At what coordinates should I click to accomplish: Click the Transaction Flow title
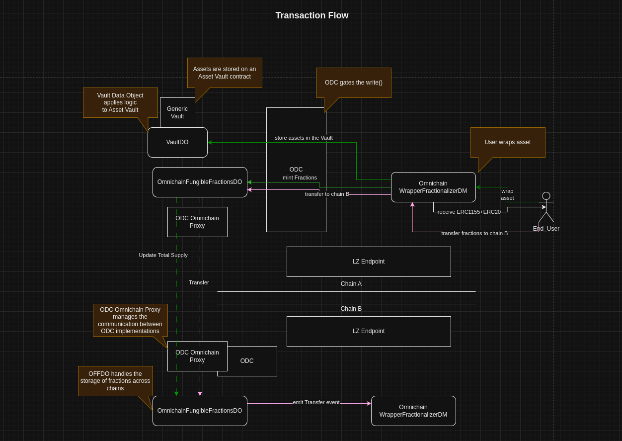coord(311,15)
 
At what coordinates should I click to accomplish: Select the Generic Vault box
coord(177,112)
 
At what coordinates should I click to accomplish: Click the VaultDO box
coord(177,142)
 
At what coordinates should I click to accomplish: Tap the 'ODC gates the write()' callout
coord(354,83)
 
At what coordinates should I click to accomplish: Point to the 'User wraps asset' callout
coord(508,142)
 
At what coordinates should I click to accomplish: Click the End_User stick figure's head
coord(546,196)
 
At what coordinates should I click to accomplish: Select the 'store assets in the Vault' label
coord(304,138)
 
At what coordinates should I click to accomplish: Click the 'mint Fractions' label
coord(300,177)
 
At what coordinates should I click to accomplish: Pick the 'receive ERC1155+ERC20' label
coord(469,212)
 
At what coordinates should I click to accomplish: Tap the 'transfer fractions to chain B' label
coord(474,233)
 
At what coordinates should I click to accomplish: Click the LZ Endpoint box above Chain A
coord(369,262)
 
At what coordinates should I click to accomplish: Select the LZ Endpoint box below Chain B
coord(369,331)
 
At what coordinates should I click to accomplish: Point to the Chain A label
coord(351,284)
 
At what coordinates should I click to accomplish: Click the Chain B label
coord(351,308)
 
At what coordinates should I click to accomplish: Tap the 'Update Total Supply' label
coord(163,255)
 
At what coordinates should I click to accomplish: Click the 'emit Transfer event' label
coord(316,402)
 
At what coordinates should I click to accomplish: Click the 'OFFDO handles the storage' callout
coord(116,381)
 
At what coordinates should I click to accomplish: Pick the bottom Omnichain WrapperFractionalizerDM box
coord(413,411)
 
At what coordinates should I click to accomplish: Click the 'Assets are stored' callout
coord(225,73)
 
